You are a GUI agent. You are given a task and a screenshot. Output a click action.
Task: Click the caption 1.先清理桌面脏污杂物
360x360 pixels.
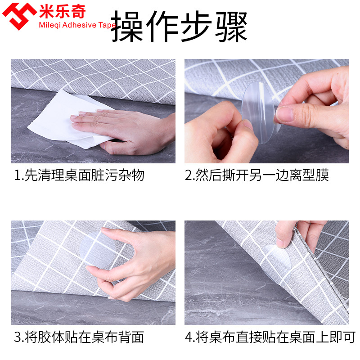79,175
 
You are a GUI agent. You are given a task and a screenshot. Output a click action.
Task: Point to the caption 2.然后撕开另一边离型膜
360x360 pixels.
256,175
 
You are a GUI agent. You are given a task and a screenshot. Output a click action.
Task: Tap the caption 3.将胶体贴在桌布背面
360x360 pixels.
79,337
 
